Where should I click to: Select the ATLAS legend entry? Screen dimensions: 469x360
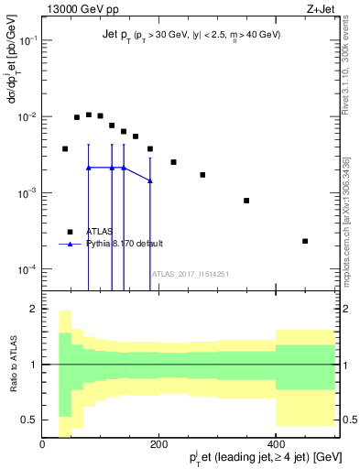(99, 232)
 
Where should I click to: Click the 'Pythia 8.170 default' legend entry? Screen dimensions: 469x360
(124, 244)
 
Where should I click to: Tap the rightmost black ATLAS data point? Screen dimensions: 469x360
(305, 241)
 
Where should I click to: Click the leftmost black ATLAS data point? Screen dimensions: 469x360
(65, 148)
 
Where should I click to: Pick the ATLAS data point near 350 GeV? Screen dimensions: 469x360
(246, 201)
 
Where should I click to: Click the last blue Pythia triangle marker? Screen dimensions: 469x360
(150, 181)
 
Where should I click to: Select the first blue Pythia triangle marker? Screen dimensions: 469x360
(89, 168)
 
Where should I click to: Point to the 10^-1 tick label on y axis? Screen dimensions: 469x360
(27, 41)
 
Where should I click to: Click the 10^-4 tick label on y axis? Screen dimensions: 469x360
(27, 269)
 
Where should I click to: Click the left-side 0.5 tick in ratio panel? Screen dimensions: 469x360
(29, 420)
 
